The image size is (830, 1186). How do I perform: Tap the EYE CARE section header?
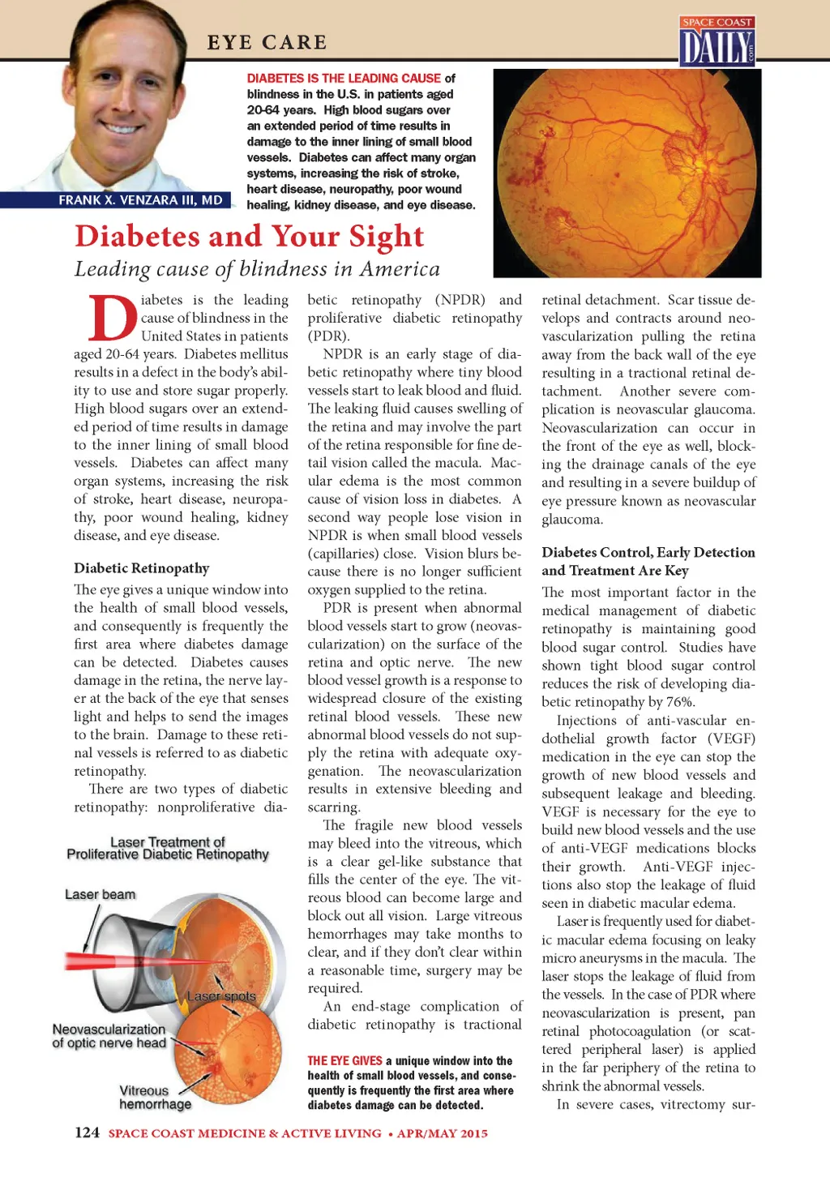click(x=267, y=42)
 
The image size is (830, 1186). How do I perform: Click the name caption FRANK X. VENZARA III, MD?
click(x=140, y=200)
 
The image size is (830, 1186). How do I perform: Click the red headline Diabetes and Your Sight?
click(x=249, y=236)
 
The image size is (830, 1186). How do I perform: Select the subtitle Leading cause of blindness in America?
click(x=257, y=269)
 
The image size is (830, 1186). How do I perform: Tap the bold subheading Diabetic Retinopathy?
click(x=141, y=568)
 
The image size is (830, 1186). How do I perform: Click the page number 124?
click(x=87, y=1132)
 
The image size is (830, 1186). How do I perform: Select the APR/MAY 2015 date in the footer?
click(x=443, y=1133)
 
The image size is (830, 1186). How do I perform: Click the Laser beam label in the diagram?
click(x=100, y=894)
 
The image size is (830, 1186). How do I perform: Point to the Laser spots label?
click(x=221, y=995)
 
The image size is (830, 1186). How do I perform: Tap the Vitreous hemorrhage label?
click(x=154, y=1098)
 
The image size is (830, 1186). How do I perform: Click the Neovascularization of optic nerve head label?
click(x=109, y=1036)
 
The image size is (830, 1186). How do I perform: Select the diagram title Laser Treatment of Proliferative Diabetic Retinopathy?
click(x=168, y=848)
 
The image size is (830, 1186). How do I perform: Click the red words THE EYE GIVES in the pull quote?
click(x=344, y=1060)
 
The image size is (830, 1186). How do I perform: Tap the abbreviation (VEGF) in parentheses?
click(x=731, y=739)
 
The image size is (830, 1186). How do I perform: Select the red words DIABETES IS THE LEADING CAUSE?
click(x=344, y=79)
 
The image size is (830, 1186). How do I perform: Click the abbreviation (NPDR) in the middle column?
click(x=460, y=300)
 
